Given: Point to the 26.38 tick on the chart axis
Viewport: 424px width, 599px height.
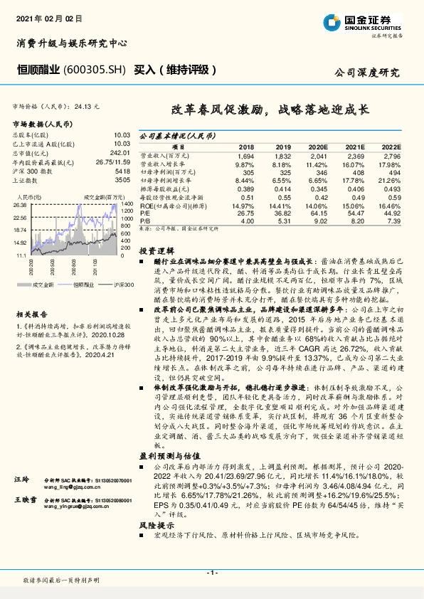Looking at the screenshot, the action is (x=20, y=205).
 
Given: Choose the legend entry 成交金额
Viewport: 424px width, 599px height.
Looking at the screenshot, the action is (x=43, y=285).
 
